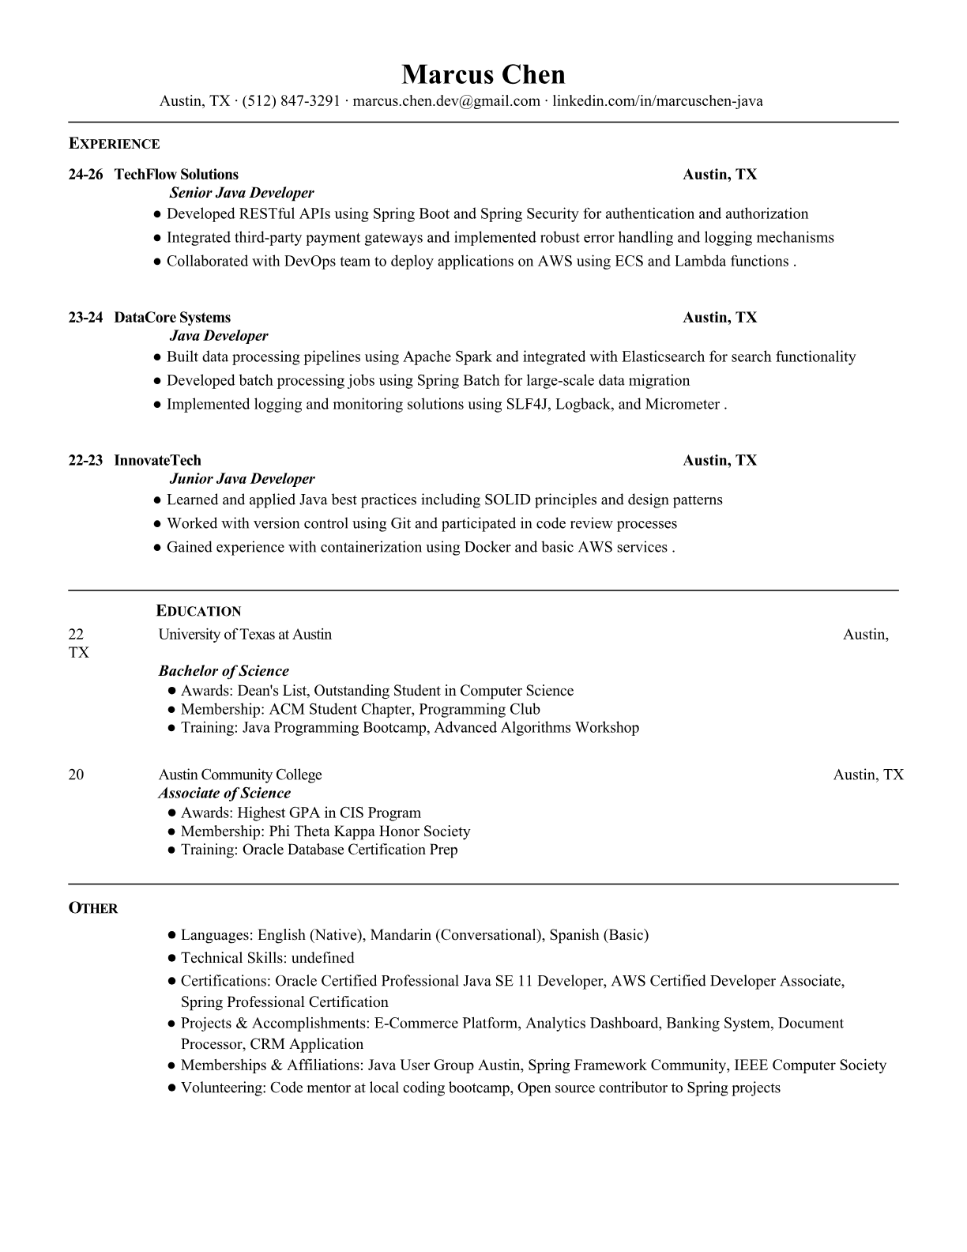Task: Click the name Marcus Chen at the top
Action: click(x=483, y=74)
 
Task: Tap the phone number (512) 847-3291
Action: click(x=291, y=101)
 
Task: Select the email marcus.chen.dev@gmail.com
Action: click(x=446, y=101)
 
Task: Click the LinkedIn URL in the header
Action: click(x=657, y=101)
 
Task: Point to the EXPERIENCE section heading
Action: click(x=115, y=144)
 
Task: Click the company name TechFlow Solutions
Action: click(x=176, y=175)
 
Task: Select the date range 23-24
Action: click(x=85, y=318)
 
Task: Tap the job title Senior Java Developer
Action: click(x=242, y=193)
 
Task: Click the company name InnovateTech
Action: click(x=157, y=461)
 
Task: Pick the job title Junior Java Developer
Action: click(x=242, y=479)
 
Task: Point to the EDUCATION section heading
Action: click(x=199, y=611)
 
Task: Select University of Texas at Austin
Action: click(x=245, y=635)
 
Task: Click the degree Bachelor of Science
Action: click(x=224, y=671)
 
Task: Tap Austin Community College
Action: click(x=240, y=775)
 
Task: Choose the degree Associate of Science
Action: click(x=224, y=794)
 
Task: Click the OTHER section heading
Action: click(x=93, y=909)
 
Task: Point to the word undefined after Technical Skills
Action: click(x=322, y=958)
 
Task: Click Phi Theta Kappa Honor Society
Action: click(x=370, y=832)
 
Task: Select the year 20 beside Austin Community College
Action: click(x=76, y=775)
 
